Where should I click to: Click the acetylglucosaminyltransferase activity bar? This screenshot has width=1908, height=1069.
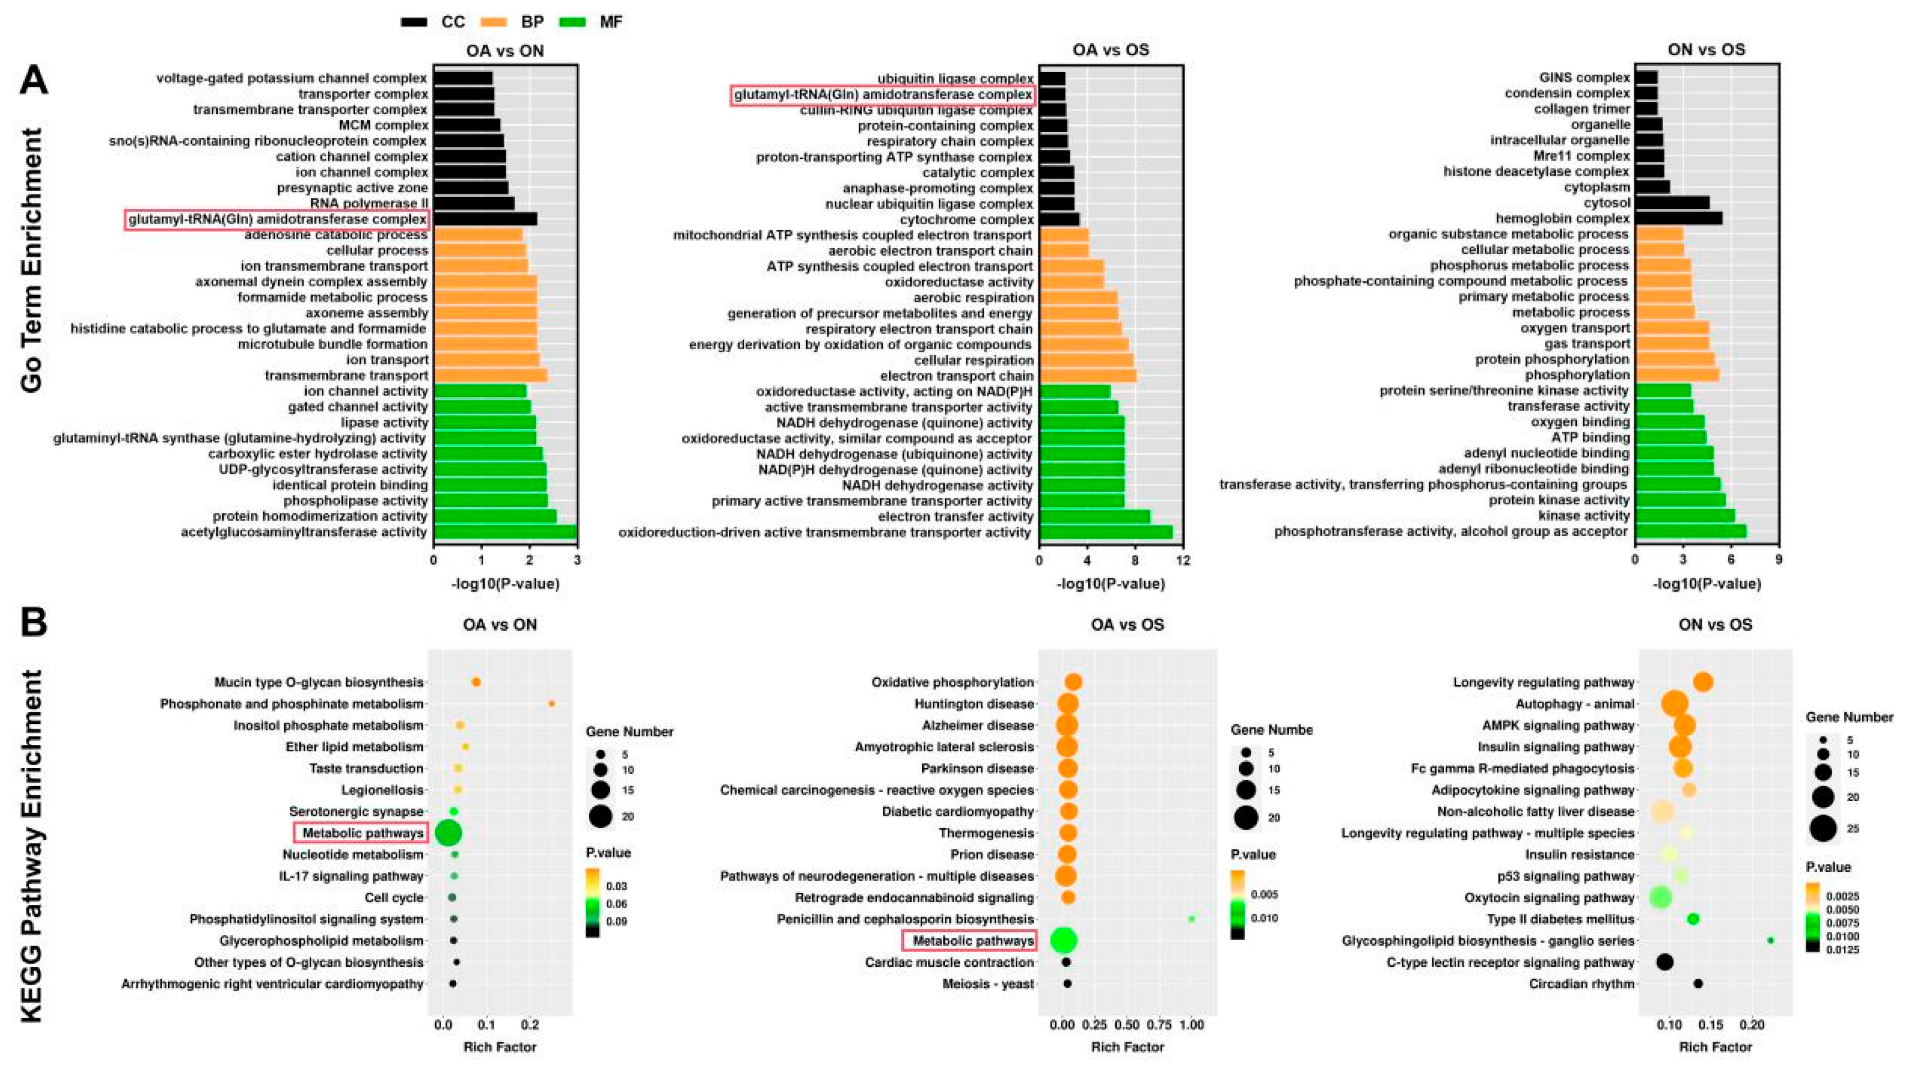click(504, 531)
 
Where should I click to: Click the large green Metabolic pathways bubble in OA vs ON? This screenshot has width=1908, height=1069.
click(448, 833)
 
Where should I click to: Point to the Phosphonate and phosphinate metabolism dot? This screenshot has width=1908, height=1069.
click(551, 704)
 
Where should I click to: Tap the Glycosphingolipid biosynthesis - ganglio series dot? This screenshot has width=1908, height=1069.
click(1770, 940)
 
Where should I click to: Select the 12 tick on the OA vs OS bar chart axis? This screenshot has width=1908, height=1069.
click(1183, 560)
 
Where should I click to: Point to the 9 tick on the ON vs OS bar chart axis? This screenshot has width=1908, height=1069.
click(1779, 560)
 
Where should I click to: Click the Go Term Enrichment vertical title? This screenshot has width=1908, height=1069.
click(31, 259)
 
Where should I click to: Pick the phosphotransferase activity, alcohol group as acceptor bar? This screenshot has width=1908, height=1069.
click(1690, 531)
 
